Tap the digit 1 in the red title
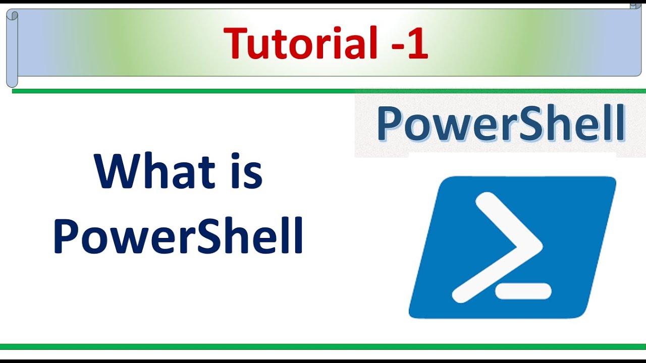(x=418, y=43)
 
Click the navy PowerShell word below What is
(x=178, y=236)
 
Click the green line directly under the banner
(x=328, y=91)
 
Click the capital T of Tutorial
(x=236, y=43)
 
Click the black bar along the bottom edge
(x=323, y=361)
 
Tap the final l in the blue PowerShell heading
(x=620, y=123)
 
